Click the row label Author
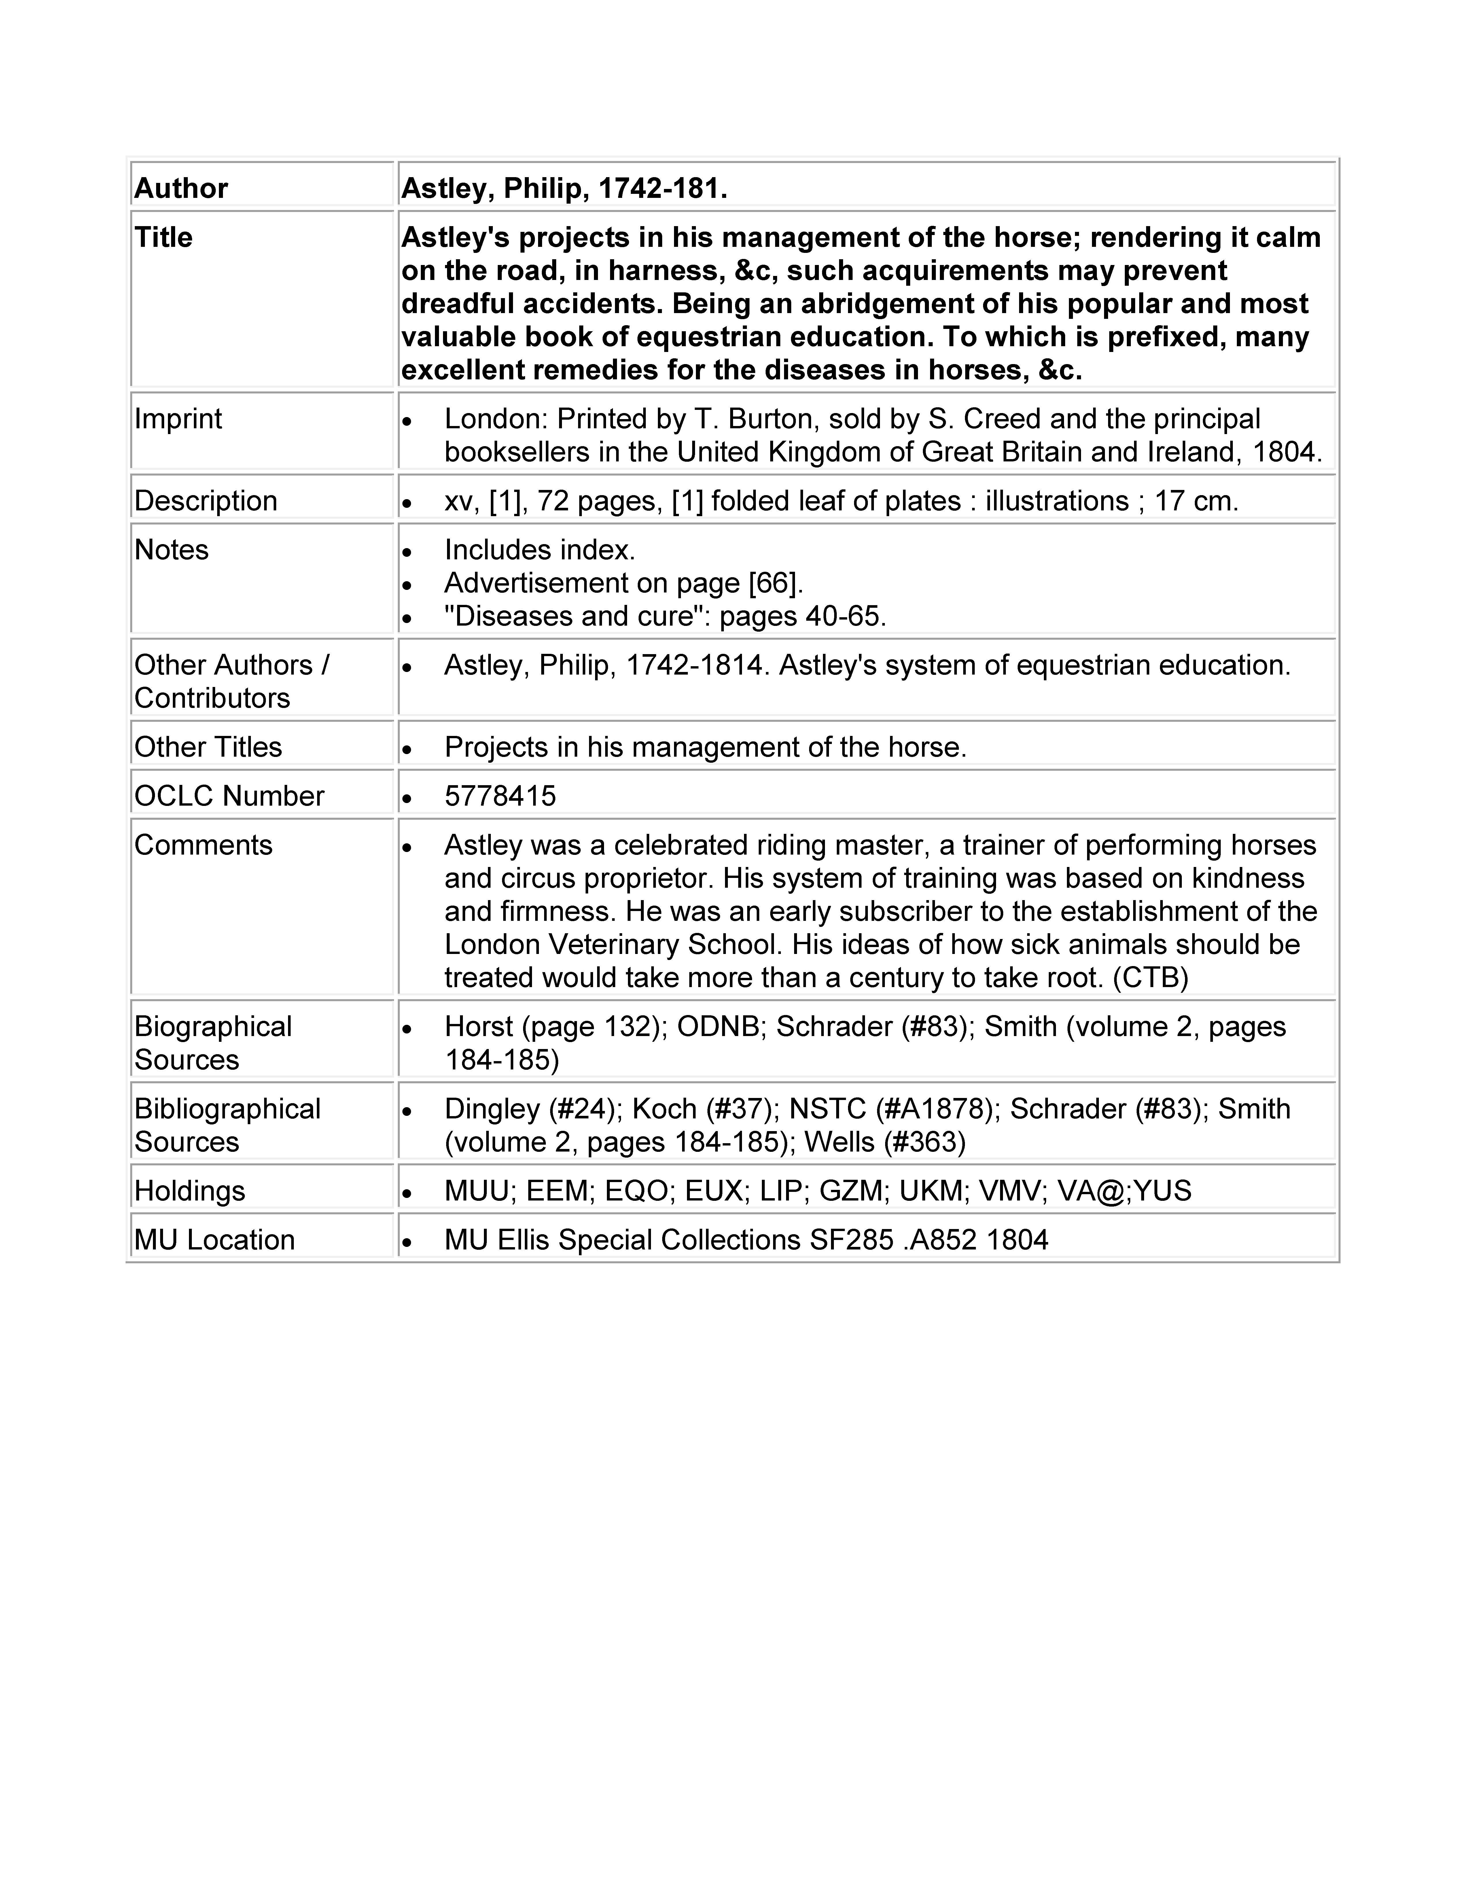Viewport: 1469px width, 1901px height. click(181, 189)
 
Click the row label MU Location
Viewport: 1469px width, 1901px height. click(214, 1239)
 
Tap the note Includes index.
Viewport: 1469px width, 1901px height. click(539, 550)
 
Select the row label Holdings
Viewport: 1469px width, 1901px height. click(190, 1191)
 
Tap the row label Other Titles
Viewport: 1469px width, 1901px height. click(208, 747)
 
